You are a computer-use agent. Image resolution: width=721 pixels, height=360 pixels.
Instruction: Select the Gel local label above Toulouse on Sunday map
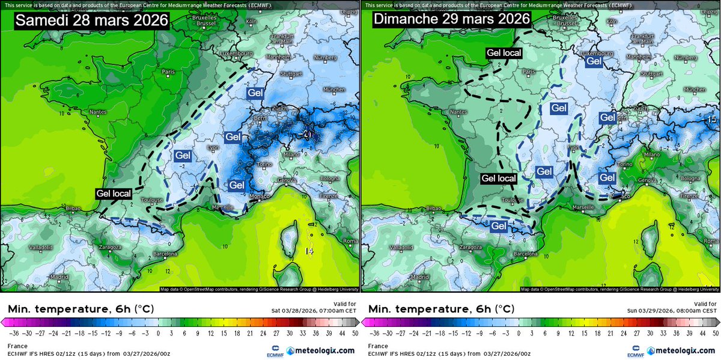(x=499, y=178)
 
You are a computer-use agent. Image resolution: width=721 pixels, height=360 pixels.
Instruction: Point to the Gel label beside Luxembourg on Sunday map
(x=594, y=61)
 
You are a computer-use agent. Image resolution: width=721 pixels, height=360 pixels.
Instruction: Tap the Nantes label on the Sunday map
(x=458, y=112)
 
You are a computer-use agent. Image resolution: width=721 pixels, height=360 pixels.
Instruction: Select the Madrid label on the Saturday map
(x=59, y=277)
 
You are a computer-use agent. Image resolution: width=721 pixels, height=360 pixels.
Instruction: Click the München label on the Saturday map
(x=334, y=89)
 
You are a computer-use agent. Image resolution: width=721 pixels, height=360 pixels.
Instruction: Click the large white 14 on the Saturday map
(x=309, y=251)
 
